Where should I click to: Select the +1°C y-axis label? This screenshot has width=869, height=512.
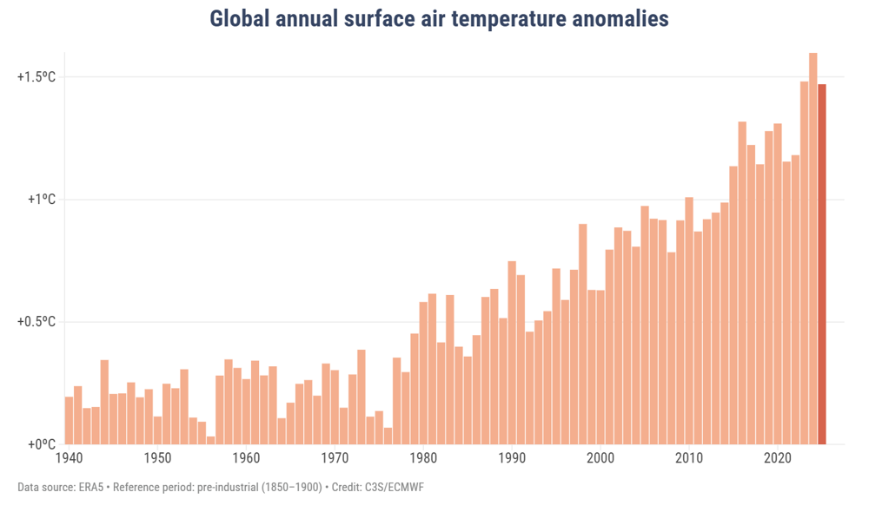click(40, 200)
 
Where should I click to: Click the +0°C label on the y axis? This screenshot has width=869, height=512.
click(40, 444)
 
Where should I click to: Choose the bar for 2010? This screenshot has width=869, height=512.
click(689, 321)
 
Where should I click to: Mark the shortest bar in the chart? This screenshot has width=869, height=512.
click(210, 441)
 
